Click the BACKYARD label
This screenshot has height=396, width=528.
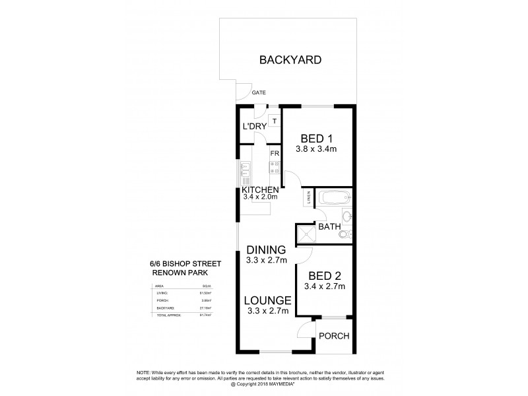pos(290,60)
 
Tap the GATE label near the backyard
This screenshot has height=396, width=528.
pos(259,93)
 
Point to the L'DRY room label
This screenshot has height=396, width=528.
pos(254,127)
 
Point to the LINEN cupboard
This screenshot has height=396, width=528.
pos(308,197)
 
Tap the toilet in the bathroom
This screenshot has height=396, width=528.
pos(348,234)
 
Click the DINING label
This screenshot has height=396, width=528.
pos(266,250)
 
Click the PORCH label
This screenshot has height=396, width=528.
pos(333,336)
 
